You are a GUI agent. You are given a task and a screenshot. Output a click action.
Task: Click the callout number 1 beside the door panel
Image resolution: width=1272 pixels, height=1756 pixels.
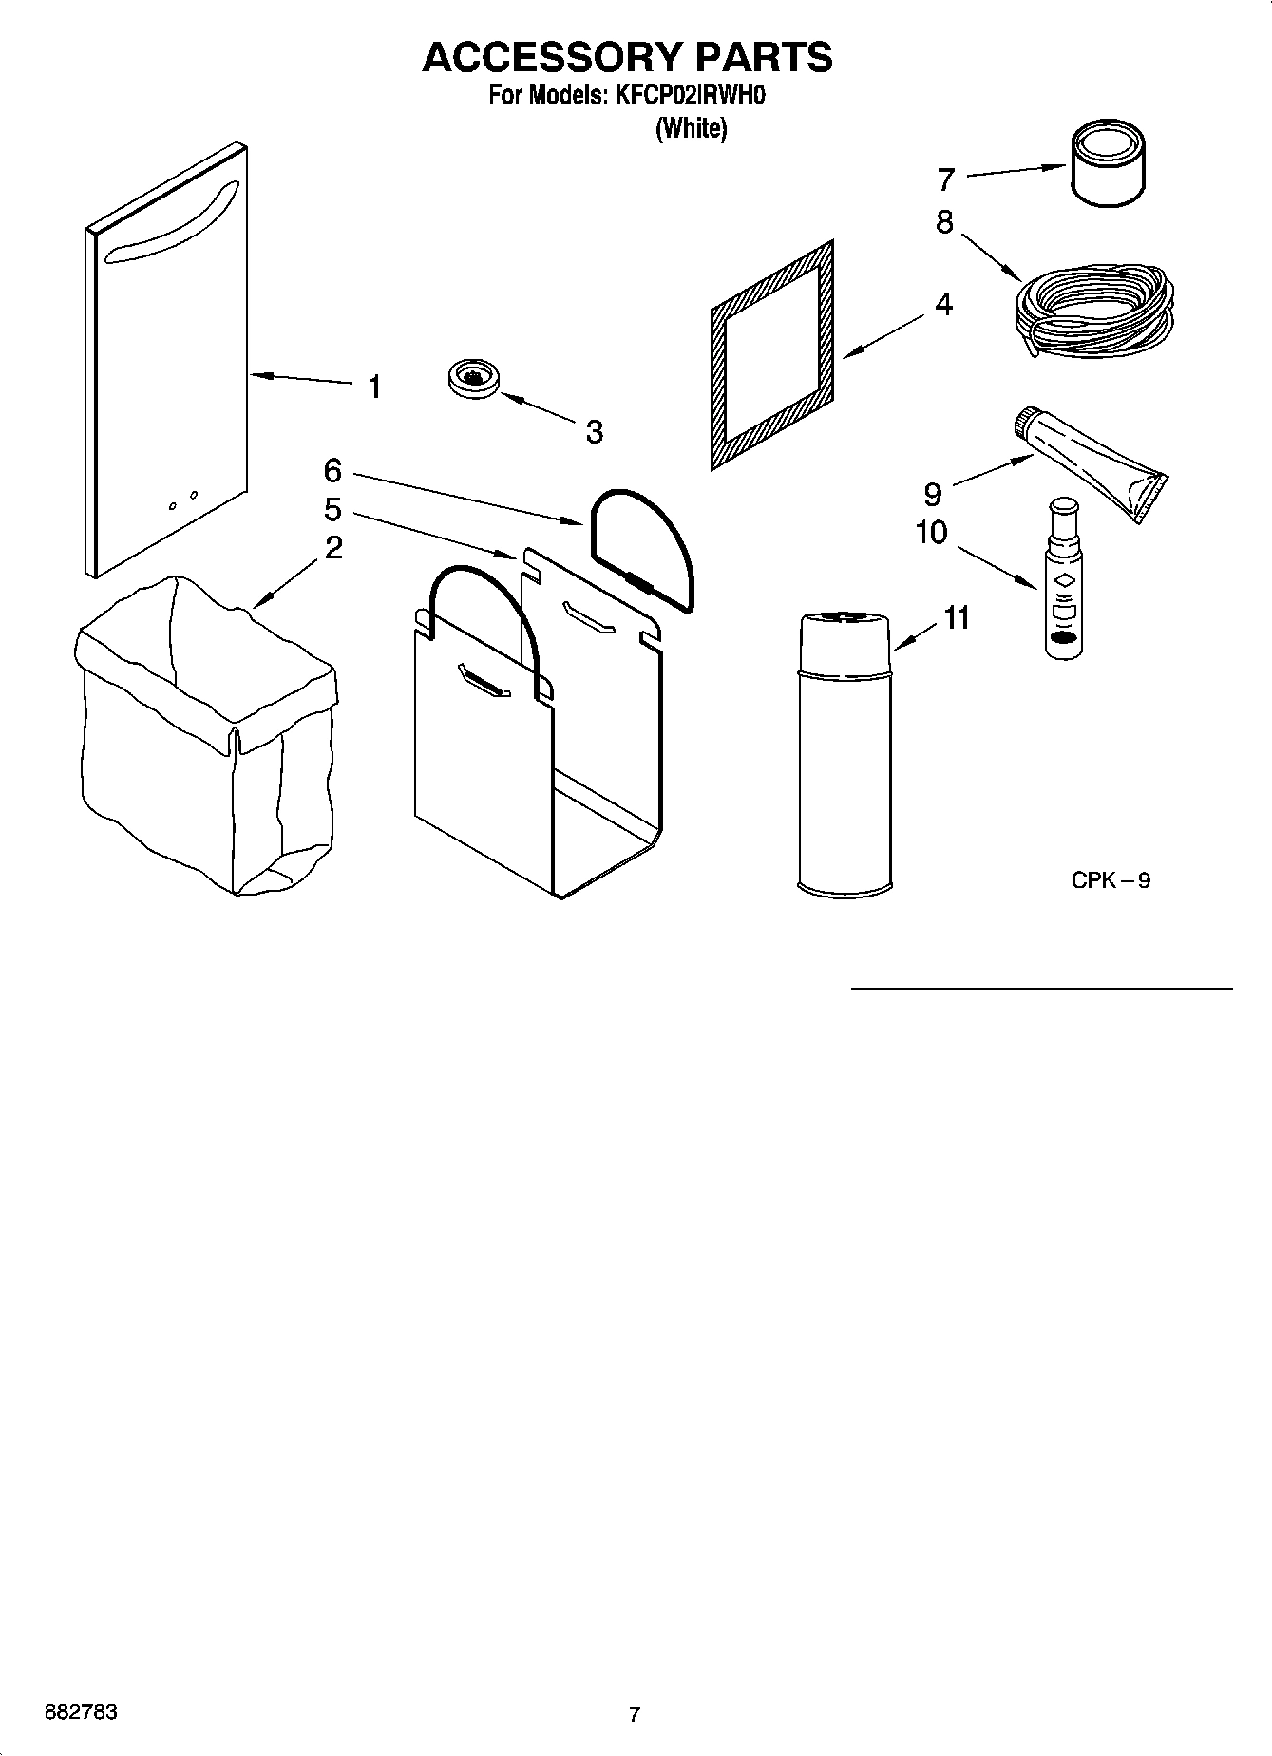click(375, 387)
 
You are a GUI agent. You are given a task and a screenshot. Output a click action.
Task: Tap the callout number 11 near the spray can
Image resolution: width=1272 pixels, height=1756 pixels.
click(957, 617)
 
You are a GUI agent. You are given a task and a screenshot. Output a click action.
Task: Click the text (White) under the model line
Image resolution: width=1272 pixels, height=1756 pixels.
click(692, 128)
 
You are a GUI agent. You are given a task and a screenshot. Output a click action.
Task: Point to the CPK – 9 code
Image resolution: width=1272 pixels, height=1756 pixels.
click(1111, 880)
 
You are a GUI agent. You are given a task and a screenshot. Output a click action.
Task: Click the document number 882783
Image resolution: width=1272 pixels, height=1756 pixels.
click(82, 1711)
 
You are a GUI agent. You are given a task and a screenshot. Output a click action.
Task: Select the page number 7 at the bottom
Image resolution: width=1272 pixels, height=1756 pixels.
click(635, 1714)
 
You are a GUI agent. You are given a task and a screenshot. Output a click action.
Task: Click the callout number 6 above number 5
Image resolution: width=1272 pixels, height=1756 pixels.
click(332, 470)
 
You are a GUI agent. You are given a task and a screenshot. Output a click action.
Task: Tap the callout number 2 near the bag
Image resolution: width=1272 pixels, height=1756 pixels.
click(333, 548)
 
